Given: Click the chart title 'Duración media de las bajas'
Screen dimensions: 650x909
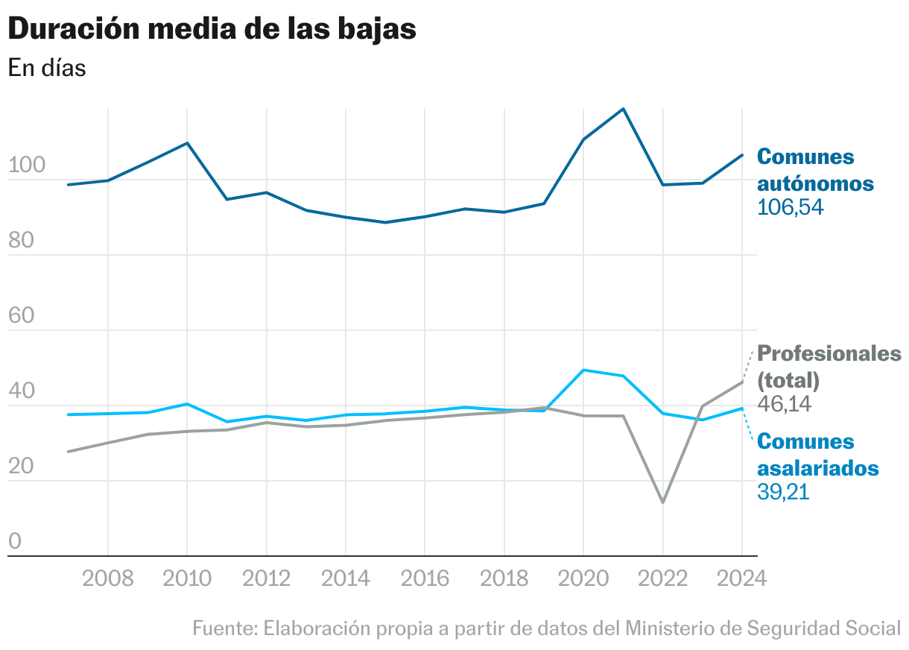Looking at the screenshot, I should [x=212, y=29].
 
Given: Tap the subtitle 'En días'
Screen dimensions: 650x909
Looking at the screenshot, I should [x=47, y=68].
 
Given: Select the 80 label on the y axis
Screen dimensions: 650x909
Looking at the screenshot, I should [x=22, y=241].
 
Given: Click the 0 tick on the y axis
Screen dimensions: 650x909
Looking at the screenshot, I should [x=15, y=542].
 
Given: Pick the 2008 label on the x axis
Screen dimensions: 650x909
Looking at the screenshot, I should [x=108, y=578].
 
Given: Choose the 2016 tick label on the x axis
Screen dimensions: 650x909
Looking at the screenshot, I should [x=425, y=578].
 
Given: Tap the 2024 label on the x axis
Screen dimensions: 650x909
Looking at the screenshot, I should [x=741, y=578].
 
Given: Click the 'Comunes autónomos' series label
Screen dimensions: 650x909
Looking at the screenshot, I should [x=815, y=170].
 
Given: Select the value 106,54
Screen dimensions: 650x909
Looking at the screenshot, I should [x=791, y=208].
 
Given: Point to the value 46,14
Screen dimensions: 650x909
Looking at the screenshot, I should [x=784, y=405].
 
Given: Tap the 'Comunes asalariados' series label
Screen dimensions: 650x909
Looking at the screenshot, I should [x=817, y=455].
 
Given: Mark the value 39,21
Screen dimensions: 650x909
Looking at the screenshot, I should [x=783, y=493].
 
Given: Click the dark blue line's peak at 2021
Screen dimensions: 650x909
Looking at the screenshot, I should [x=623, y=109].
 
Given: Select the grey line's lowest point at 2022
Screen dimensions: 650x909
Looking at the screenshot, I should [x=662, y=502].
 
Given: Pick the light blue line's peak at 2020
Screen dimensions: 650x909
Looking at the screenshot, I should [x=583, y=370].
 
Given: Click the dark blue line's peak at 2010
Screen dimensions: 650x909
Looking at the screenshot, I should [x=187, y=142].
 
